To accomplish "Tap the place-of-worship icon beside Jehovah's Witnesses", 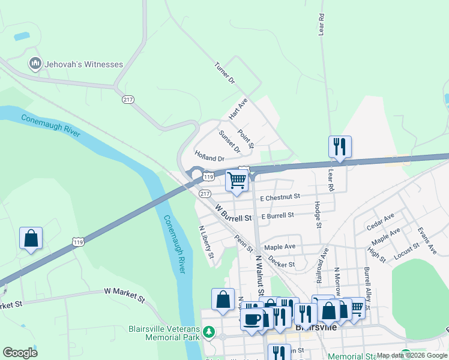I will (x=34, y=63).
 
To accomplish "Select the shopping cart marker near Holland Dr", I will (x=237, y=179).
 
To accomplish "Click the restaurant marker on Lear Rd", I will (x=340, y=146).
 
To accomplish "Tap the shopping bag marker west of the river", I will (x=31, y=238).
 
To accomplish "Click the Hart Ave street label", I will (x=238, y=109).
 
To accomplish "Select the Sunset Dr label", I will (x=229, y=141).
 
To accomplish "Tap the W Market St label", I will (x=124, y=294).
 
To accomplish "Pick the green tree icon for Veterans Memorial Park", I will (x=208, y=332).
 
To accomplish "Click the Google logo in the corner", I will (x=20, y=353).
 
